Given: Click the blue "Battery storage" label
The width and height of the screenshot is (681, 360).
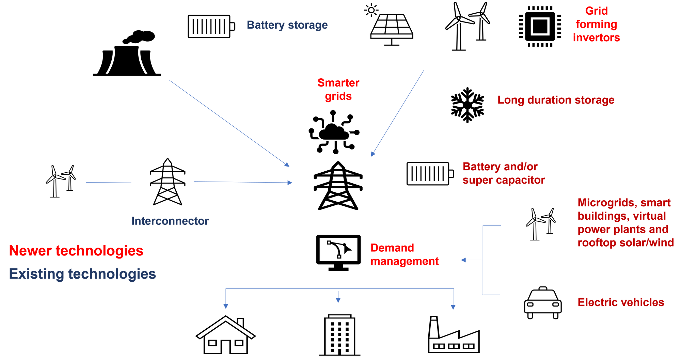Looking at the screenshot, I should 287,25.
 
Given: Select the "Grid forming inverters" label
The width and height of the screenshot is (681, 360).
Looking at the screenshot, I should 597,25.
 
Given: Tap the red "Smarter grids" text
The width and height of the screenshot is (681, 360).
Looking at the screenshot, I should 338,90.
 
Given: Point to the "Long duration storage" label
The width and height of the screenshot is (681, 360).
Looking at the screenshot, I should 556,100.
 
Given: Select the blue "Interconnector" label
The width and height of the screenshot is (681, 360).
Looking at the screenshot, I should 170,221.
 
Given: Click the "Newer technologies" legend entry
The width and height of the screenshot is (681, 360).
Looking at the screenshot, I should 76,251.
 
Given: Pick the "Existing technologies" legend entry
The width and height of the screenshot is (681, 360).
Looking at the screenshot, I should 82,274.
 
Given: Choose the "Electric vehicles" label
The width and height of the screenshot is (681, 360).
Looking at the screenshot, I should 621,302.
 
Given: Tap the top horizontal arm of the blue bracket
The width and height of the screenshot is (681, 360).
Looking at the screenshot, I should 492,225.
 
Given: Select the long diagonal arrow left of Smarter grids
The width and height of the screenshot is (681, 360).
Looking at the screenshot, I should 229,123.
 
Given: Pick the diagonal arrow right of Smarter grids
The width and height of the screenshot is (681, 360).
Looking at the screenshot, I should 397,113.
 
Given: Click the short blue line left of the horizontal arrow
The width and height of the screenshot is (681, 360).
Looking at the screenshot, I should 109,183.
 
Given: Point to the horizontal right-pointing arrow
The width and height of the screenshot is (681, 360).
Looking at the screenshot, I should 243,182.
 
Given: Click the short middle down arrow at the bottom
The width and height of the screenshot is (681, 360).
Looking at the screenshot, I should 338,297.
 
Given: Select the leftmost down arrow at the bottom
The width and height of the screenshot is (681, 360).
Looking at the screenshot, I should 225,300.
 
